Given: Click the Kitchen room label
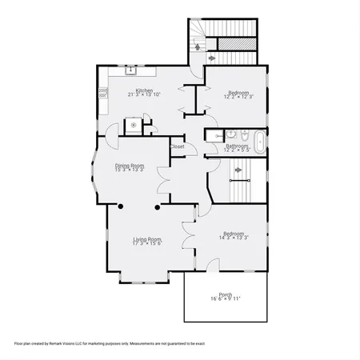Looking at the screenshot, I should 144,90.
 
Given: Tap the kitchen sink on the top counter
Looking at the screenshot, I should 130,71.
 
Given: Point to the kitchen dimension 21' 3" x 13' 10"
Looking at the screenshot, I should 144,95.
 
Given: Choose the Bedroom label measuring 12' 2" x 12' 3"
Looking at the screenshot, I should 236,93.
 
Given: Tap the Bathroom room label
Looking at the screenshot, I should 237,146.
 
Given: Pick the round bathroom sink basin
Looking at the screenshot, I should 229,134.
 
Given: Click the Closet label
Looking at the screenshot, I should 177,146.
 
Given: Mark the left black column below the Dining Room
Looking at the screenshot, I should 120,206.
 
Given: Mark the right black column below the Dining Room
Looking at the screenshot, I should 157,206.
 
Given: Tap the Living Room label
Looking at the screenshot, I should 147,238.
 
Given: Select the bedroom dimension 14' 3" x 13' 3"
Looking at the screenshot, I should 234,238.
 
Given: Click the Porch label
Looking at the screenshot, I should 226,294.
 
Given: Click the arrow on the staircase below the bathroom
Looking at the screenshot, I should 238,182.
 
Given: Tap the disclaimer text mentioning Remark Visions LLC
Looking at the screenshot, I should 110,343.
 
